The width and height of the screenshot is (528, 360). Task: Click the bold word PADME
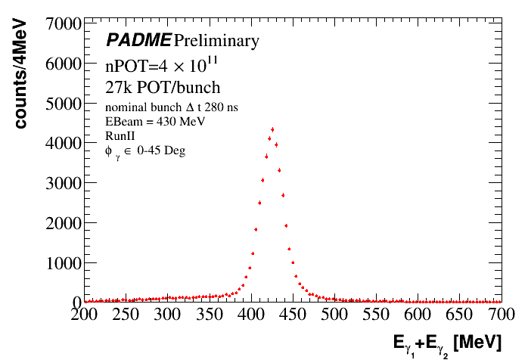(138, 40)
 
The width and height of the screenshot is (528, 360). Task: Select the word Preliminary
(216, 41)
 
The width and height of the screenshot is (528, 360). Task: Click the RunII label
(119, 135)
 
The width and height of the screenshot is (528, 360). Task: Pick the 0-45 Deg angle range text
(161, 150)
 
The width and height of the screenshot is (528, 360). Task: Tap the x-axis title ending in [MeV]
(447, 344)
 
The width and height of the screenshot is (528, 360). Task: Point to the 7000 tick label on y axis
(64, 24)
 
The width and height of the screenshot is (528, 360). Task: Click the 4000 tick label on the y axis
(64, 143)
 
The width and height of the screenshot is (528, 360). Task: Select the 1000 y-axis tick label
(64, 262)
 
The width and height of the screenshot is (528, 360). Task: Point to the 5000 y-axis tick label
(64, 104)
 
